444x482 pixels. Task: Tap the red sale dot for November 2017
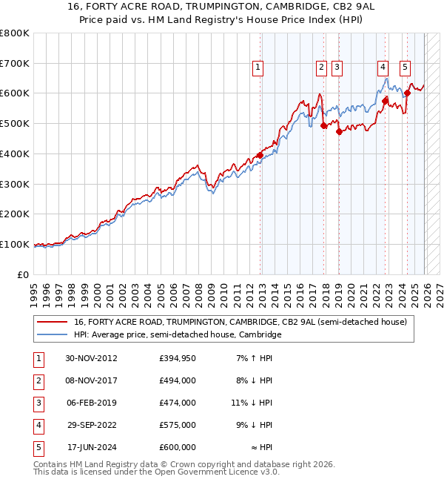[323, 125]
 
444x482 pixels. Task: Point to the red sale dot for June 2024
[407, 93]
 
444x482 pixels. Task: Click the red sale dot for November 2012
[260, 155]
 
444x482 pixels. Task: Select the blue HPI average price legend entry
[178, 335]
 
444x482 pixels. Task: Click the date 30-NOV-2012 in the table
[91, 358]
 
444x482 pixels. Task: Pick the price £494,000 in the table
[178, 380]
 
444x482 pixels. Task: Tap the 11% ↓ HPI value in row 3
[252, 403]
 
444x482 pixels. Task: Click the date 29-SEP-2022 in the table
[91, 425]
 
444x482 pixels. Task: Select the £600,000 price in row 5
[178, 447]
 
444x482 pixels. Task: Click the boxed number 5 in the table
[37, 447]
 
